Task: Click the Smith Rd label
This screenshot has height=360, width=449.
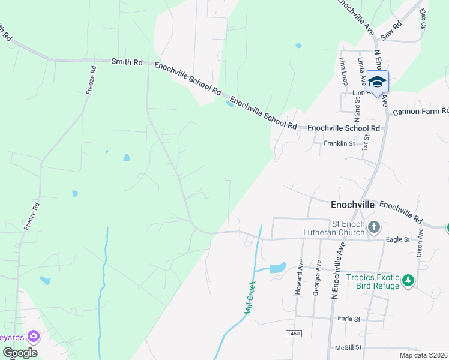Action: pos(127,61)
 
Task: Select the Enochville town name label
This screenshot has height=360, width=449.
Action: pos(352,205)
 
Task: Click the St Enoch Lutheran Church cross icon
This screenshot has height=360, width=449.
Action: pos(375,227)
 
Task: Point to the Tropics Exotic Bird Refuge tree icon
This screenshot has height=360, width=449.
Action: pos(408,280)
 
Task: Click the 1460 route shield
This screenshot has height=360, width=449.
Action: pos(293,333)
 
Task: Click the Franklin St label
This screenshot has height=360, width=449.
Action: pos(339,144)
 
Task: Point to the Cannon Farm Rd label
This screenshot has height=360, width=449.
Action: pos(421,112)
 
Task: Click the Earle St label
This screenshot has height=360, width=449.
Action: pos(348,319)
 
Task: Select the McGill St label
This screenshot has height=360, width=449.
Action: pos(349,347)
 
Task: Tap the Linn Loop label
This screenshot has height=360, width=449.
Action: pos(343,70)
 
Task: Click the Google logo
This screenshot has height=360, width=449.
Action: pos(19,352)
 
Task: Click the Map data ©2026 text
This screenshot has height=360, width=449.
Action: pos(423,355)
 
